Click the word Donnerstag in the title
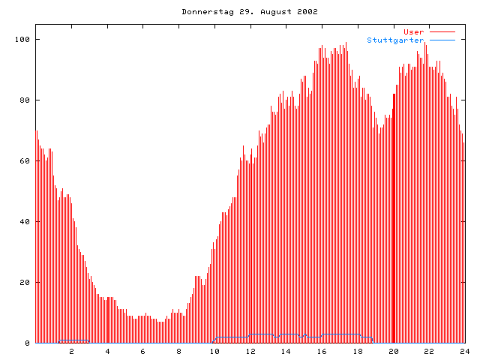[204, 12]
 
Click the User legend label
[414, 31]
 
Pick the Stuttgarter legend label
[395, 40]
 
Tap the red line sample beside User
[442, 31]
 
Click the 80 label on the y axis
[26, 100]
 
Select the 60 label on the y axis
[26, 160]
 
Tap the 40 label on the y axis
[26, 221]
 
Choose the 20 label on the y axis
[26, 282]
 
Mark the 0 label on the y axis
[28, 343]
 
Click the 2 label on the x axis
[72, 351]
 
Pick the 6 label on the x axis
[143, 351]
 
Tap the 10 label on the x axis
[214, 351]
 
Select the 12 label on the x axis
[250, 351]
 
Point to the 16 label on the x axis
[322, 351]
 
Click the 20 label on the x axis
[393, 351]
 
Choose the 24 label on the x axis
[464, 351]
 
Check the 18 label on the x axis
[358, 351]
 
